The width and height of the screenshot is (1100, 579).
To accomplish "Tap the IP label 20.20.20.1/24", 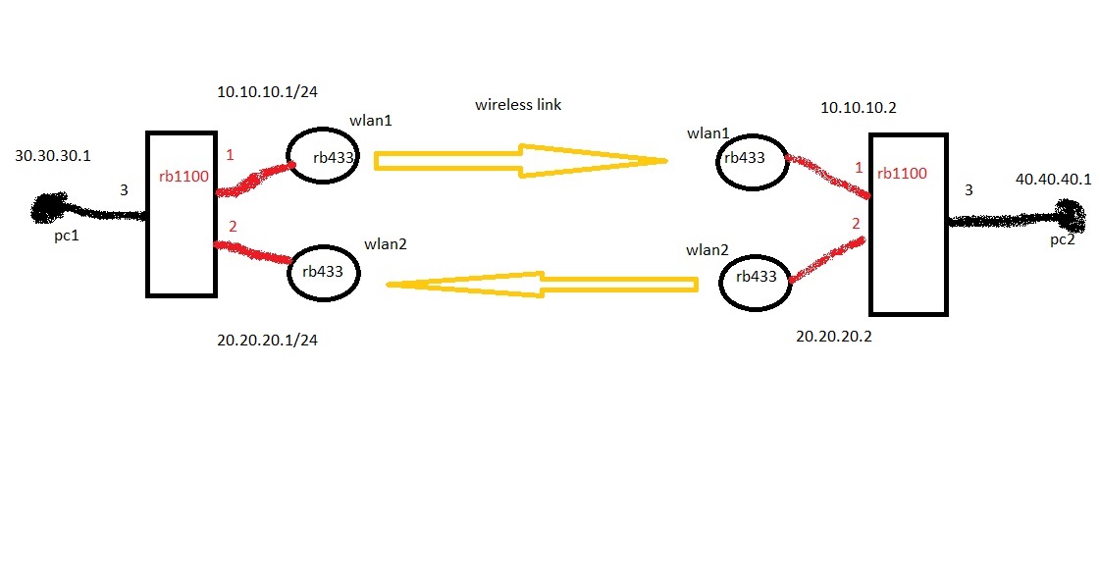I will (268, 341).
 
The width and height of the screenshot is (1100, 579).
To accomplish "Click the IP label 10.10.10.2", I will (859, 108).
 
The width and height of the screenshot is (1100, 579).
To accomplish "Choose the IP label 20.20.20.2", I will (834, 336).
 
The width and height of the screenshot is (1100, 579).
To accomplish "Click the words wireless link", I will (518, 104).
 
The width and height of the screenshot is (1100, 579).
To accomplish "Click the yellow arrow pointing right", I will (520, 161).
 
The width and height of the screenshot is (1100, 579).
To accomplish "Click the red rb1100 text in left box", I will (182, 178).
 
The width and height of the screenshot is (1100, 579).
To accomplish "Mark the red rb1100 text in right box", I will (902, 174).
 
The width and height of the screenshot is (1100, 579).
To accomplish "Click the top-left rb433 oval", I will (322, 157).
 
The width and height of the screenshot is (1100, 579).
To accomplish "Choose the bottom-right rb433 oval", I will (756, 278).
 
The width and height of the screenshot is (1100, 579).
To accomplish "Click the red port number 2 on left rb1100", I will (233, 227).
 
